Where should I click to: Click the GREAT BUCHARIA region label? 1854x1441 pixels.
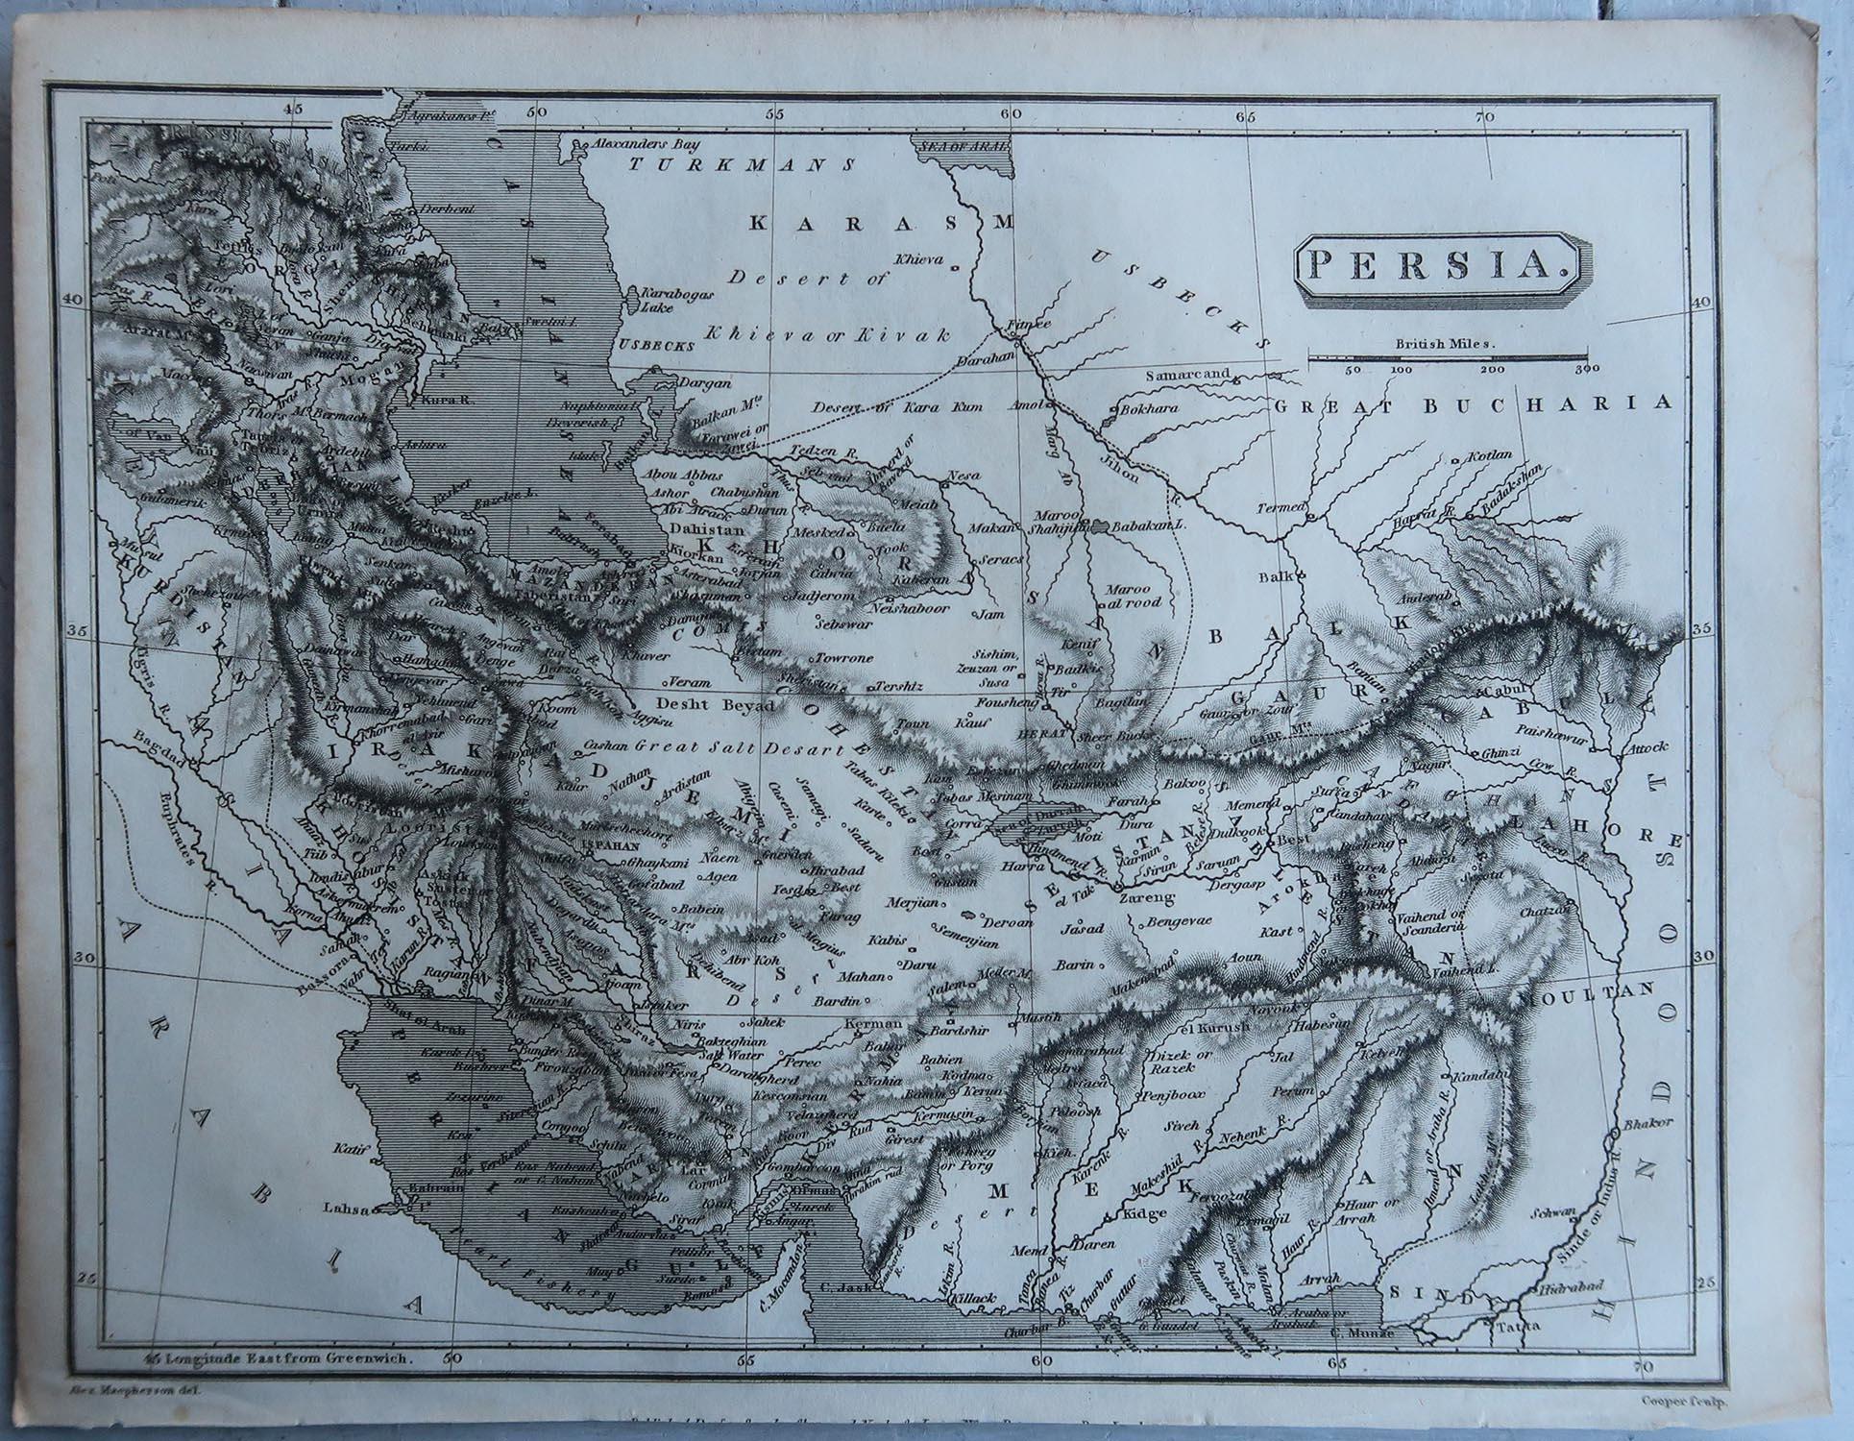click(1454, 405)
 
